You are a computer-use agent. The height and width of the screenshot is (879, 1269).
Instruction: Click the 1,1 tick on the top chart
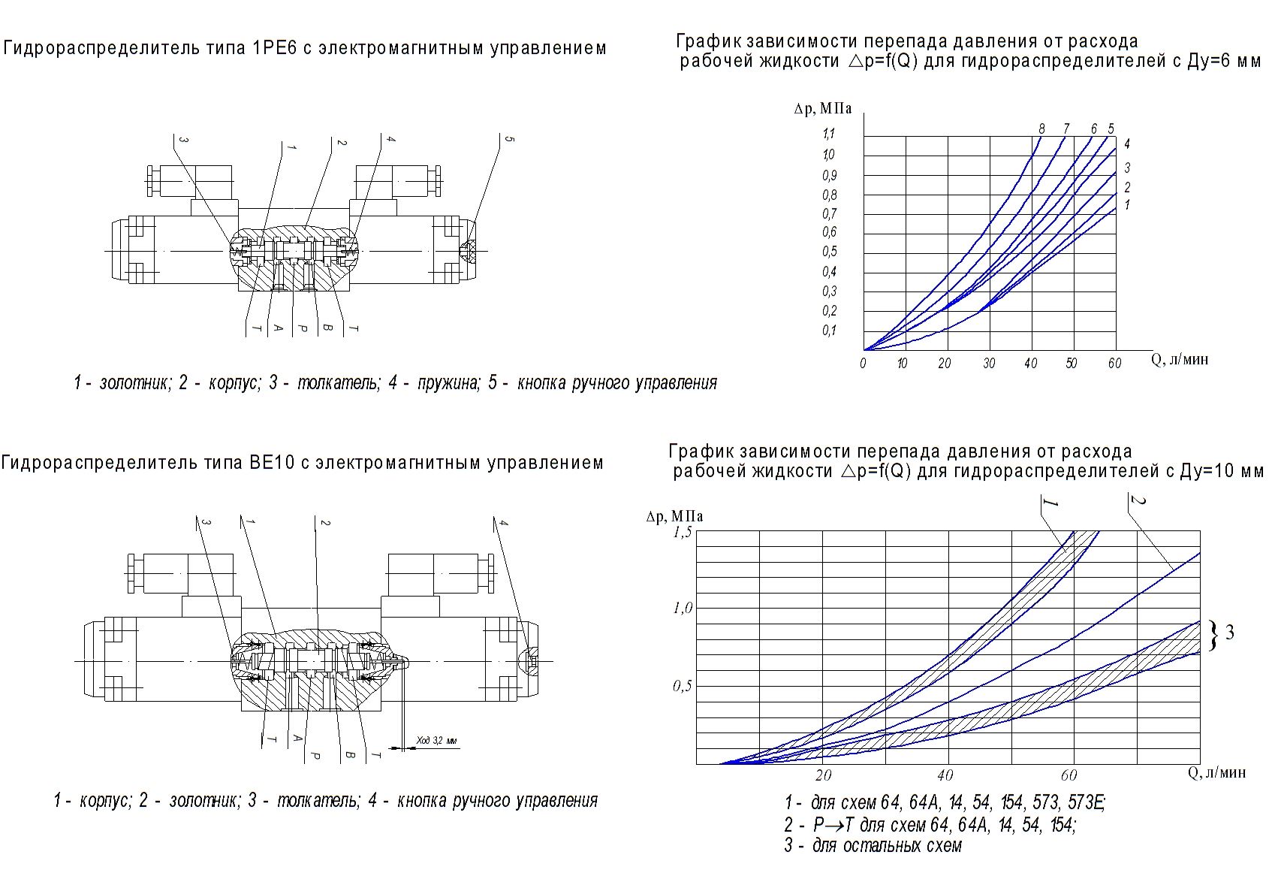click(x=828, y=134)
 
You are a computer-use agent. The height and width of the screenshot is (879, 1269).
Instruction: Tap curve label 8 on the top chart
click(x=1041, y=128)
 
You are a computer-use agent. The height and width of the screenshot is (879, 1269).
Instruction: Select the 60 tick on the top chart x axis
click(x=1114, y=364)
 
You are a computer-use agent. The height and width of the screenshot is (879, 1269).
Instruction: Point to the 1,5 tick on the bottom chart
click(x=681, y=532)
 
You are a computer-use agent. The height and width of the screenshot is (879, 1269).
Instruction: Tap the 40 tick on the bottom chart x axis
click(x=945, y=775)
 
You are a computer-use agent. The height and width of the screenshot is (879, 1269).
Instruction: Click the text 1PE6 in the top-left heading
click(x=277, y=49)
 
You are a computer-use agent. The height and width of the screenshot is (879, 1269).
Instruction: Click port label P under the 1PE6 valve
click(x=302, y=328)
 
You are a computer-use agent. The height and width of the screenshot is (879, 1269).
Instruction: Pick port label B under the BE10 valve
click(x=348, y=753)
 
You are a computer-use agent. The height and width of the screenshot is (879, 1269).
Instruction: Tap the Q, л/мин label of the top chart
click(x=1180, y=359)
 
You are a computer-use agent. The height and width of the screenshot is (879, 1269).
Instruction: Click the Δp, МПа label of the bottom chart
click(x=674, y=516)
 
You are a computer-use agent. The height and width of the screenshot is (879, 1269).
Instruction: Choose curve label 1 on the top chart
click(x=1127, y=205)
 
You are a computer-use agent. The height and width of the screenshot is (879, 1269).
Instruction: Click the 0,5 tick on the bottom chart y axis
click(x=681, y=685)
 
